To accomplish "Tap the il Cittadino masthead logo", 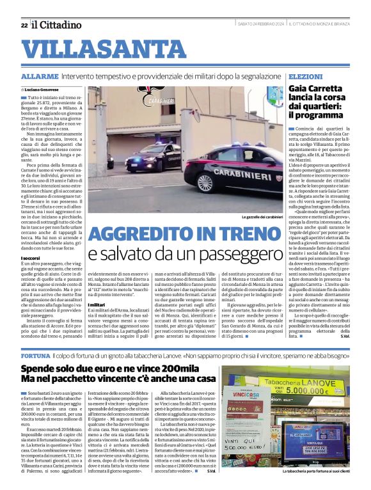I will click(x=57, y=24).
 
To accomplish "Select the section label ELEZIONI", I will click(x=304, y=76).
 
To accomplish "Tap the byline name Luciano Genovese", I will click(x=43, y=90).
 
